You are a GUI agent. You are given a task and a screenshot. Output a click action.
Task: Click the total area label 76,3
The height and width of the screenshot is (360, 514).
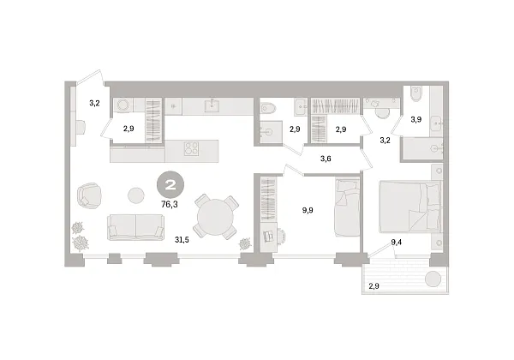(170, 205)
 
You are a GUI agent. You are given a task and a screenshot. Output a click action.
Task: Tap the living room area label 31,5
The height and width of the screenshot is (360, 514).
(182, 240)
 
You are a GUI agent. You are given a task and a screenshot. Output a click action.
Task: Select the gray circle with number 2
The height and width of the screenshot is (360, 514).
(170, 185)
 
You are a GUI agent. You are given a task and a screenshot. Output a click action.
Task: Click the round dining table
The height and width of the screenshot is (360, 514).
(215, 217)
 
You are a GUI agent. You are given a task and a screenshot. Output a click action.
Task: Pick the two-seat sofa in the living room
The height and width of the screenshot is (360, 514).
(135, 227)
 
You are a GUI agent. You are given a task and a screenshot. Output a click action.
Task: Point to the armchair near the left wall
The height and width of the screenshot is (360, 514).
(89, 195)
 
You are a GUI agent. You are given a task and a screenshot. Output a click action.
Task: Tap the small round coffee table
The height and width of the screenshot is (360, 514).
(135, 195)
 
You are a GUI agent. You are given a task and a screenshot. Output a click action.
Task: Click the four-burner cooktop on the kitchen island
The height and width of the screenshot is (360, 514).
(191, 148)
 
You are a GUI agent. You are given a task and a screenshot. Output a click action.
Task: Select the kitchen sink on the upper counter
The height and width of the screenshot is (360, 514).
(213, 105)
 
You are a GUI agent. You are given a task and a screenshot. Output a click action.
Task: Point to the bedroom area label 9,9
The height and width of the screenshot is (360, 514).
(308, 210)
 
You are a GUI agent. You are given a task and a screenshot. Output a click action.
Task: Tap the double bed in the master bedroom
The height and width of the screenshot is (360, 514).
(409, 207)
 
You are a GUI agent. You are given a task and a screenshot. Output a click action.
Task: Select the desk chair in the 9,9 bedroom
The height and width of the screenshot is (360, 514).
(282, 236)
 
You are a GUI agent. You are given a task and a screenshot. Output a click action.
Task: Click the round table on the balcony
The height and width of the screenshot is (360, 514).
(433, 279)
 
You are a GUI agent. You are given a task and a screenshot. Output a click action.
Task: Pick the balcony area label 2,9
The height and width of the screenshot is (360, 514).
(374, 286)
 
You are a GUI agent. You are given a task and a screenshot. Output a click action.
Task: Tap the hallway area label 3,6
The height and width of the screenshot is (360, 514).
(326, 159)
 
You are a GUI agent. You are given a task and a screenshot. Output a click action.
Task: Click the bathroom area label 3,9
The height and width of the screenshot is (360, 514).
(416, 120)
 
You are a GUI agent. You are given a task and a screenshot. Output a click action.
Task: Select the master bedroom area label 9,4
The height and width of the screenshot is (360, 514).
(397, 243)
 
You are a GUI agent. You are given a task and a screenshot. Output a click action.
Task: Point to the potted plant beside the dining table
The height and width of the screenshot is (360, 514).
(245, 244)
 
